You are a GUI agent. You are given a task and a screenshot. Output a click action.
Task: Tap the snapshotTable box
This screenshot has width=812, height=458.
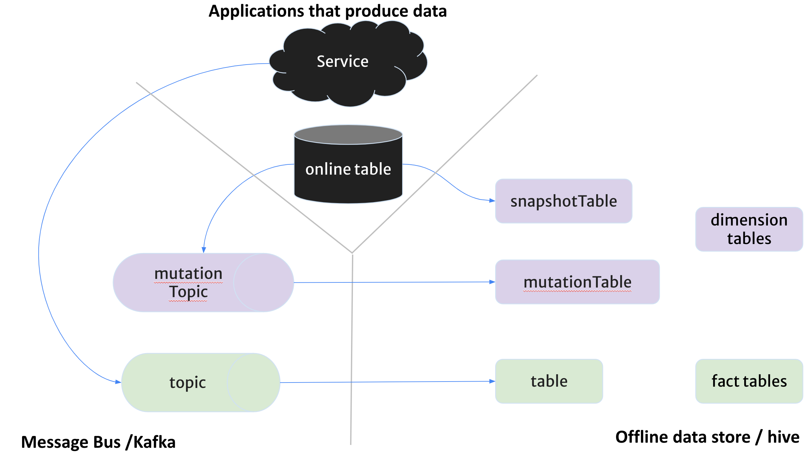563,201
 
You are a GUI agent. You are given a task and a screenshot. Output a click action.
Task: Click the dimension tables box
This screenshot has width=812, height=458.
749,229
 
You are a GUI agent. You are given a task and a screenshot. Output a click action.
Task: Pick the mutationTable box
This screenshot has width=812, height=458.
577,282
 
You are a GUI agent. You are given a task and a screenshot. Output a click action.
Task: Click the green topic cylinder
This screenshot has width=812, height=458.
192,382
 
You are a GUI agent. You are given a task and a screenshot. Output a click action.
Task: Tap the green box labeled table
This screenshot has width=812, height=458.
549,381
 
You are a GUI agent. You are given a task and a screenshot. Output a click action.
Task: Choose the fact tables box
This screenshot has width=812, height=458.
749,381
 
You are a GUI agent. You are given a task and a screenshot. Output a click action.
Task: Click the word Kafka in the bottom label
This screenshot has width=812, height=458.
154,442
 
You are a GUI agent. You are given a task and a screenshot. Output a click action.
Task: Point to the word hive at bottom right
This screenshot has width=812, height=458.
783,437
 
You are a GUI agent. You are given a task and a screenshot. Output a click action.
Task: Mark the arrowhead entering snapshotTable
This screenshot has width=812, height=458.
492,201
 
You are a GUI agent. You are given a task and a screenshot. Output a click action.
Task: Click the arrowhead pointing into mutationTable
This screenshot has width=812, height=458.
492,282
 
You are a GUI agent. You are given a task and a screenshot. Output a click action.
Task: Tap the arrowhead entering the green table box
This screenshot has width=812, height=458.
492,381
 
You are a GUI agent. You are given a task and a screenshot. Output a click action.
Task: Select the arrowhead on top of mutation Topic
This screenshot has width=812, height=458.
204,250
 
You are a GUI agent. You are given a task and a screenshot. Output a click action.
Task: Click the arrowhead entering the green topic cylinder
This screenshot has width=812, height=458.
118,382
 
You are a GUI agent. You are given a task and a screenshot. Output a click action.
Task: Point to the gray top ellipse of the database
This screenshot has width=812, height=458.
348,135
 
